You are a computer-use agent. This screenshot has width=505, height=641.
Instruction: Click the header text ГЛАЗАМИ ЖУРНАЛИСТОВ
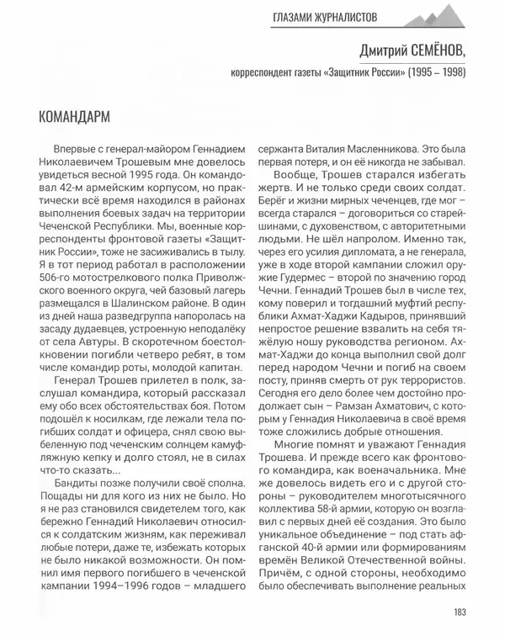tap(324, 16)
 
